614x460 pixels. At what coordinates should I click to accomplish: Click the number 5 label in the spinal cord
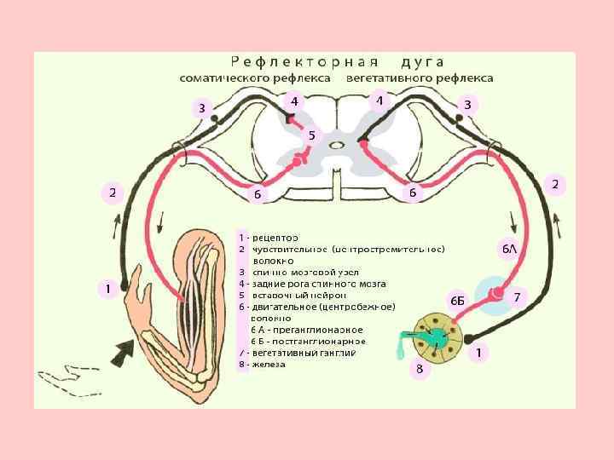click(311, 135)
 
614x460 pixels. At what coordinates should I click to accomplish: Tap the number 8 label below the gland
click(418, 369)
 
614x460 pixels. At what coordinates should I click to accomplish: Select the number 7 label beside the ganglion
click(516, 297)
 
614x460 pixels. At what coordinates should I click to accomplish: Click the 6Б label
click(457, 301)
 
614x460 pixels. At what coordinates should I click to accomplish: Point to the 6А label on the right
click(509, 248)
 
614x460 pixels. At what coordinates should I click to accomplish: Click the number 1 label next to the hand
click(107, 289)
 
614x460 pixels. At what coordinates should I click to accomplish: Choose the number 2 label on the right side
click(555, 184)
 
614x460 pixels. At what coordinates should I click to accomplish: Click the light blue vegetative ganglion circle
click(494, 294)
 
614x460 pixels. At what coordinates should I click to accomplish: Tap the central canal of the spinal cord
click(337, 145)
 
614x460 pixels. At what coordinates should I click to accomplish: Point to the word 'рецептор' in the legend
click(275, 236)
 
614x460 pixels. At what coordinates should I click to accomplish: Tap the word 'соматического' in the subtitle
click(225, 78)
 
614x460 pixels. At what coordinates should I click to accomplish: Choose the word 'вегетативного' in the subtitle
click(385, 78)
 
